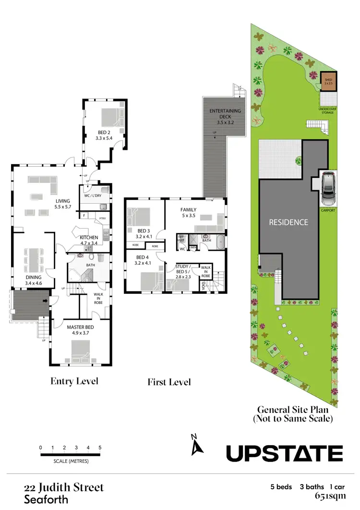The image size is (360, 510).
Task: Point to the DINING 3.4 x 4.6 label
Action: [x=30, y=280]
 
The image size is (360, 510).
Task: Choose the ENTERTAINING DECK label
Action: [x=225, y=114]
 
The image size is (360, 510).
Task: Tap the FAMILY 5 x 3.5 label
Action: [x=188, y=213]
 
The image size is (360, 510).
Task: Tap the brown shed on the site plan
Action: [x=328, y=82]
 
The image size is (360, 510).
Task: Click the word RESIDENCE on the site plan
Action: [x=288, y=222]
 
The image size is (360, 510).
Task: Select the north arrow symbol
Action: [x=197, y=446]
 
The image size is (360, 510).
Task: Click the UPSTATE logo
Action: [x=284, y=453]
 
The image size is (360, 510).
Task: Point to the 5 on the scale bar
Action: [x=100, y=448]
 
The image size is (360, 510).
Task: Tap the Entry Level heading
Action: [x=74, y=381]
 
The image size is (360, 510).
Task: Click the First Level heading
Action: [x=169, y=382]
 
